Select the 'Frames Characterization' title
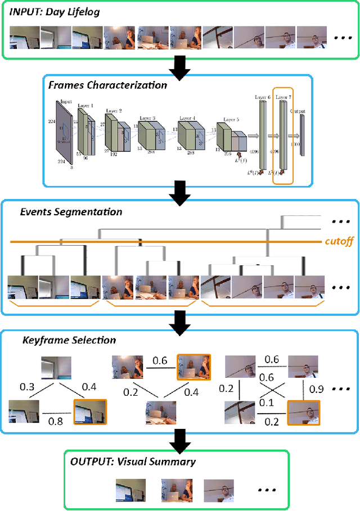pyautogui.click(x=107, y=85)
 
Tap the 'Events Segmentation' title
pyautogui.click(x=71, y=212)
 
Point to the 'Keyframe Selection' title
pyautogui.click(x=69, y=340)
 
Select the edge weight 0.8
pyautogui.click(x=55, y=419)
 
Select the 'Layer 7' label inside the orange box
pyautogui.click(x=282, y=97)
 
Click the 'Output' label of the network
pyautogui.click(x=299, y=111)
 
